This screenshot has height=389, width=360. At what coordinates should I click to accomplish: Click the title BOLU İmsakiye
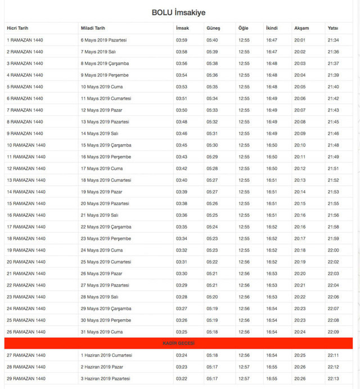(182, 12)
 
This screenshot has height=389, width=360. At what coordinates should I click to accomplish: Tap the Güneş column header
(213, 28)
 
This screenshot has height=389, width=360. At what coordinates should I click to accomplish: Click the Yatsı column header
(333, 28)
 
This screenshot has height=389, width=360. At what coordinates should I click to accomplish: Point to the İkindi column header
(272, 28)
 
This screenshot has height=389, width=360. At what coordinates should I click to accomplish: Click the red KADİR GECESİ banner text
(178, 343)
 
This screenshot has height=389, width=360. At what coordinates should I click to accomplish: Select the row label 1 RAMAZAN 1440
(25, 40)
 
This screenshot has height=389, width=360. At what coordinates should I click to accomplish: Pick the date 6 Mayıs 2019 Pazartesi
(104, 40)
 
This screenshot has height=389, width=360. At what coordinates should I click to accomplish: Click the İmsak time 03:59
(182, 40)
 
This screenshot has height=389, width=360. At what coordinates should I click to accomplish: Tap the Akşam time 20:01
(299, 40)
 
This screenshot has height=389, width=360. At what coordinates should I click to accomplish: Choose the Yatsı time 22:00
(333, 250)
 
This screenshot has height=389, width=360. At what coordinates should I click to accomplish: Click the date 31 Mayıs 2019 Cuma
(102, 332)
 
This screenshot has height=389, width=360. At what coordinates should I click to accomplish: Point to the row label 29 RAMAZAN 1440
(26, 378)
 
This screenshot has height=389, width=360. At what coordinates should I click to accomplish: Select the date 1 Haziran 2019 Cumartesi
(106, 355)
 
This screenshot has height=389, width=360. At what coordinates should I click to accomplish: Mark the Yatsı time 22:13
(333, 378)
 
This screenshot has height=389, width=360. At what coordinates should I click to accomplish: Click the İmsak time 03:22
(182, 378)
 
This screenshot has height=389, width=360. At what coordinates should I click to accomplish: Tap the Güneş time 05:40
(212, 40)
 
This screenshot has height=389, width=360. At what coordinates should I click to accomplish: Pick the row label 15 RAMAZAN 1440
(26, 203)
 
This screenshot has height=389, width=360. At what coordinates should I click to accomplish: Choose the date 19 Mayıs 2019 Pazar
(101, 192)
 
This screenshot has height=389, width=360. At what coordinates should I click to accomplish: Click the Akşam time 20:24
(299, 332)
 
